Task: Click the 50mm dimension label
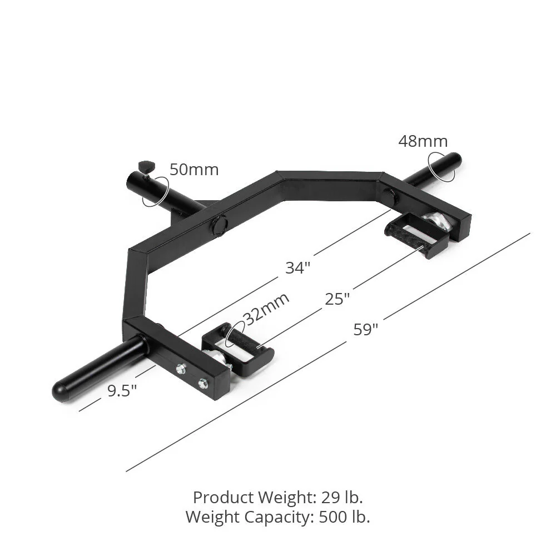[194, 170]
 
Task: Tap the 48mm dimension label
[423, 141]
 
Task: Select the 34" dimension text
[297, 267]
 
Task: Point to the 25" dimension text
[337, 299]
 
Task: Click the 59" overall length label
[366, 329]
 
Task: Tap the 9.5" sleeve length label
[122, 391]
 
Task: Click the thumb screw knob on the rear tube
[146, 165]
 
